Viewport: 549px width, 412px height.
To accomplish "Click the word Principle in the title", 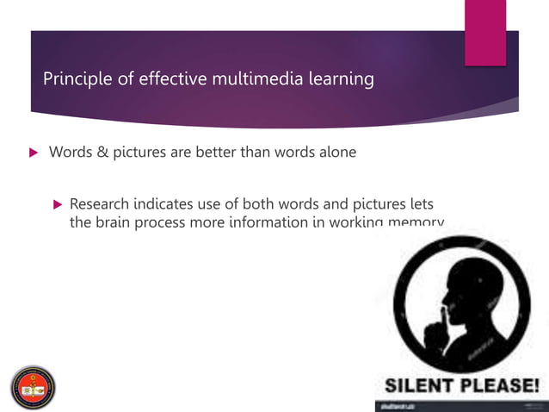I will pyautogui.click(x=74, y=80).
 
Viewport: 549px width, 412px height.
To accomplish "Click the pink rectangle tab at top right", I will pyautogui.click(x=485, y=33).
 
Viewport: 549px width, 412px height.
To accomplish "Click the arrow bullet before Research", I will pyautogui.click(x=58, y=205).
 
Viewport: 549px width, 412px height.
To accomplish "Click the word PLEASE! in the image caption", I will pyautogui.click(x=500, y=384).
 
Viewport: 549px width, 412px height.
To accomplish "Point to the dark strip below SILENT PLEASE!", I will pyautogui.click(x=460, y=405).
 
